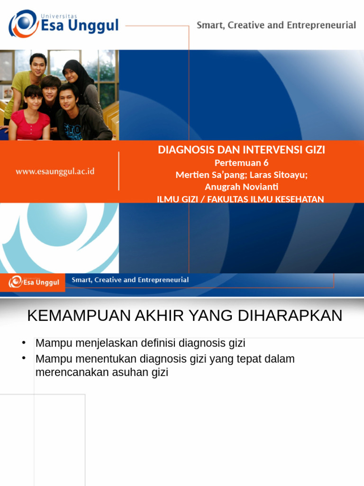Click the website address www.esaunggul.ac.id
(55, 171)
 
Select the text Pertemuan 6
(241, 163)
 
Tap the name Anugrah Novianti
(241, 187)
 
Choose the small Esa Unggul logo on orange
(33, 282)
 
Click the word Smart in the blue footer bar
(81, 280)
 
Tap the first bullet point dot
(23, 342)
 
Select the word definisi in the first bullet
(160, 343)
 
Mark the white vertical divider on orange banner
(118, 171)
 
